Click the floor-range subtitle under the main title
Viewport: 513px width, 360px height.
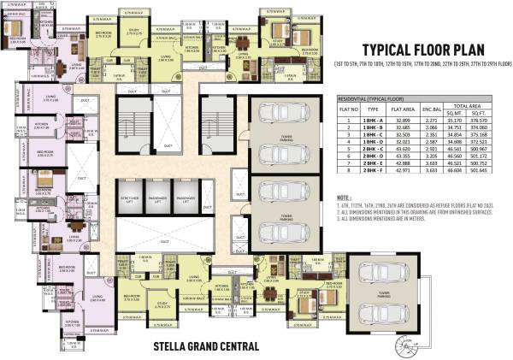424,65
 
